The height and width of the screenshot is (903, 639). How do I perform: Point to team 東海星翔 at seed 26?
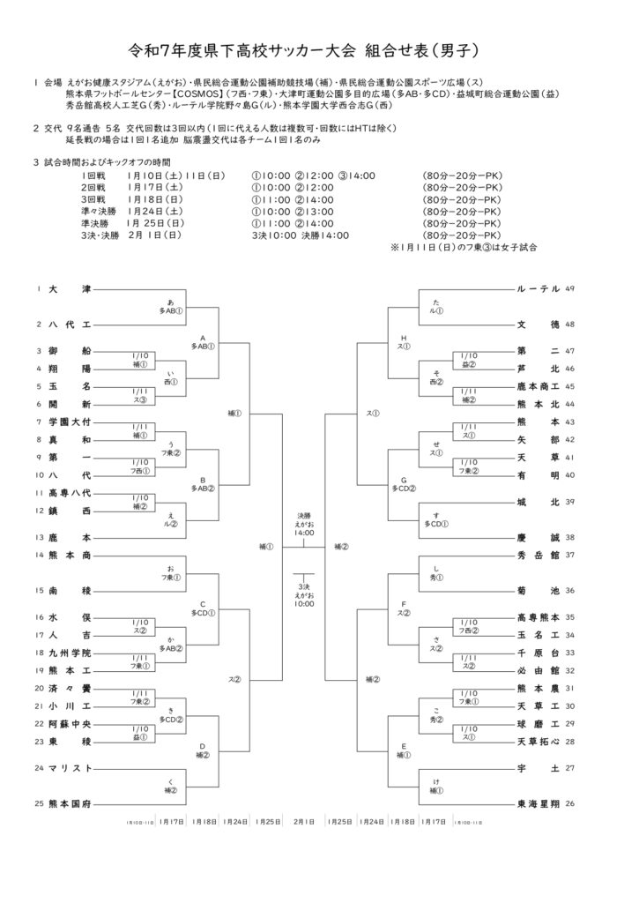coord(536,803)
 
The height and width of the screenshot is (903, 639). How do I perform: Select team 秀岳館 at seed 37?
coord(539,555)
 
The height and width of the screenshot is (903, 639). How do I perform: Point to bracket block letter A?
coord(203,337)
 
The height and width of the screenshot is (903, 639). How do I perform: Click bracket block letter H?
coord(403,337)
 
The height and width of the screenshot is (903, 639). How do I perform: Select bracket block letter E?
coord(403,746)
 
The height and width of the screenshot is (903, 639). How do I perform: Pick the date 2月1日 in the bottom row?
coord(303,822)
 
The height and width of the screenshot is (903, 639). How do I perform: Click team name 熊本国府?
coord(69,803)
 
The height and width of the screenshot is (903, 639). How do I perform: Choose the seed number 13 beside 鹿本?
coord(40,537)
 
